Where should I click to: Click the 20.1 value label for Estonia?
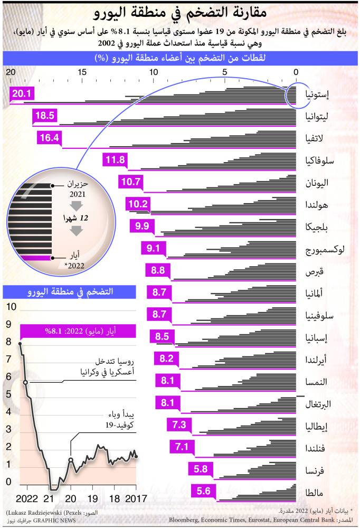point(22,94)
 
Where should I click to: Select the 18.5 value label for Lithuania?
point(44,116)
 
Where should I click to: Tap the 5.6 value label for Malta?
point(203,492)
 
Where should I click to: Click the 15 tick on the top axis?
point(81,72)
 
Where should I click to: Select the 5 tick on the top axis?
point(224,72)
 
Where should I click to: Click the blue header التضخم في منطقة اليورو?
point(70,291)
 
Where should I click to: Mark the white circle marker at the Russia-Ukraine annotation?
point(25,381)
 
